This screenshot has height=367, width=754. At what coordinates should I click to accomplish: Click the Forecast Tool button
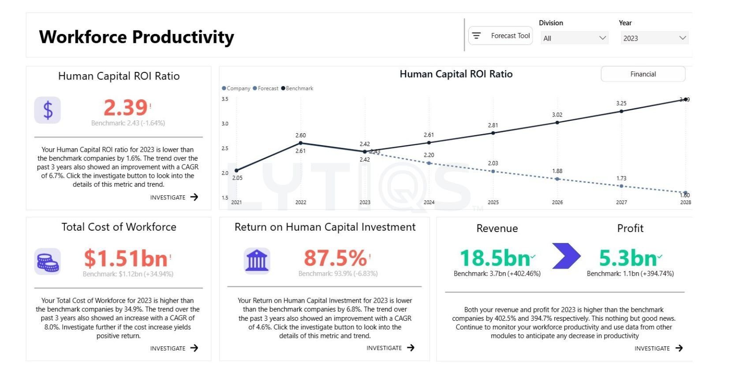(500, 36)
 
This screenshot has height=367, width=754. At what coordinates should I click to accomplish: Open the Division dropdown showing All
(574, 38)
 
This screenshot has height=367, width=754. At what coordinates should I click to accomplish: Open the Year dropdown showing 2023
(654, 38)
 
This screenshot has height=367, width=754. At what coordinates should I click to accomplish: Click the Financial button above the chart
(642, 74)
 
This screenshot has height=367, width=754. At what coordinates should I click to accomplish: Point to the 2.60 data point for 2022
(301, 143)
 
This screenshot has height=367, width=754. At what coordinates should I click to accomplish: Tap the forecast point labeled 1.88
(557, 179)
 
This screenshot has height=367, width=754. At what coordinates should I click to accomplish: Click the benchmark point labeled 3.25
(621, 111)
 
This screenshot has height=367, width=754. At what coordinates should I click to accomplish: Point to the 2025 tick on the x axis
(493, 202)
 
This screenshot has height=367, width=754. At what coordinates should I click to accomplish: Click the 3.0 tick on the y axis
(225, 124)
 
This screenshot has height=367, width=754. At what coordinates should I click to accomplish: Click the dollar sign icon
(48, 110)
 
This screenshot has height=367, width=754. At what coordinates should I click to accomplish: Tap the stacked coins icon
(48, 262)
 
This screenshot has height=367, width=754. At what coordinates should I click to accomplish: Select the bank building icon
(257, 261)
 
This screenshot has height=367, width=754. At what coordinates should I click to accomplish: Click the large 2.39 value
(126, 108)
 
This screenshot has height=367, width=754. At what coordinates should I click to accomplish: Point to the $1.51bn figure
(126, 258)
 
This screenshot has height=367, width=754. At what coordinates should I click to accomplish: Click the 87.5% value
(335, 258)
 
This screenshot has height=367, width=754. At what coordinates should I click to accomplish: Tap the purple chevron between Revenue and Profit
(566, 256)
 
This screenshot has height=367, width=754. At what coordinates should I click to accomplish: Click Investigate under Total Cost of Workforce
(174, 348)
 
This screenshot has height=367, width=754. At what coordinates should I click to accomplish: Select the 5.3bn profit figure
(628, 258)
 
